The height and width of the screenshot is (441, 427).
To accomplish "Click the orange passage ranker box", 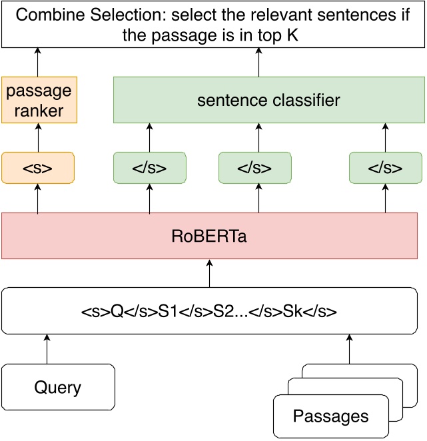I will click(37, 100).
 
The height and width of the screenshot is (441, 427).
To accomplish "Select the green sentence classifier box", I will click(268, 101).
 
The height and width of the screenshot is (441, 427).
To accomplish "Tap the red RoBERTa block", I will click(209, 236).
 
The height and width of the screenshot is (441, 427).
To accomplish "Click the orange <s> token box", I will click(37, 168).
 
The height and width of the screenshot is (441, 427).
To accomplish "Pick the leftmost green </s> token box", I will click(149, 168).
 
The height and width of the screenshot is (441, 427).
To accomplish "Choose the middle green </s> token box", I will click(254, 168).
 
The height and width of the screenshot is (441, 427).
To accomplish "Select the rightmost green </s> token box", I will click(386, 168).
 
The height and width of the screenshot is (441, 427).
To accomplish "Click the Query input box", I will click(58, 387).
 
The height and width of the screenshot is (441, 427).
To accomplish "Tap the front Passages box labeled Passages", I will click(330, 417).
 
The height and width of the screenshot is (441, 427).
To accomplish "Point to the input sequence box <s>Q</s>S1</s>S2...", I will click(209, 310).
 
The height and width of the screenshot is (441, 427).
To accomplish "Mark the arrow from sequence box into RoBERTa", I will click(209, 273).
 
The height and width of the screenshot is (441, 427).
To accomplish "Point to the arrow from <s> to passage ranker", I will click(37, 138).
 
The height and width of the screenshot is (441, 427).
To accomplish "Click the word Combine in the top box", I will click(49, 15).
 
